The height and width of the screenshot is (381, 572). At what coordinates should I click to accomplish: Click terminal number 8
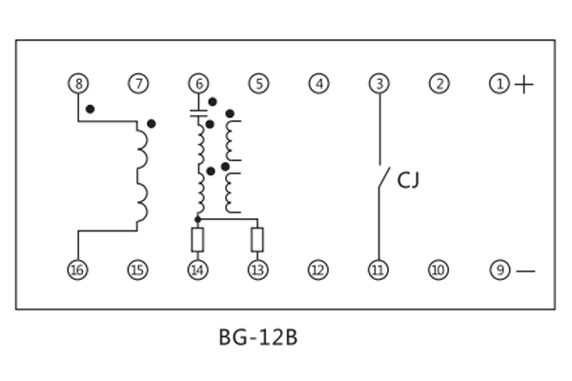[x=77, y=84]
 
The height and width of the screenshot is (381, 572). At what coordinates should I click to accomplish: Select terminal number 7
[x=139, y=84]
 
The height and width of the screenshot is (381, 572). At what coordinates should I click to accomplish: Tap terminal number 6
[x=197, y=84]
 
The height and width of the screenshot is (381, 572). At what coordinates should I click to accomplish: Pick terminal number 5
[x=258, y=84]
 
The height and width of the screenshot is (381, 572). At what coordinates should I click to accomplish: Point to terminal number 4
[x=318, y=84]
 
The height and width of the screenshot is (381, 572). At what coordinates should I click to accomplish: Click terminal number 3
[x=379, y=84]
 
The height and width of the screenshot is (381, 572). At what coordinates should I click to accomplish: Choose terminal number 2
[x=439, y=84]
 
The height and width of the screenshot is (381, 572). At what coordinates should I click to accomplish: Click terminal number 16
[x=77, y=270]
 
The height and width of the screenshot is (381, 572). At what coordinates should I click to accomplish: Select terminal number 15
[x=138, y=270]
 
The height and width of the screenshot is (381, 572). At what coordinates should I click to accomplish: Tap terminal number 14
[x=197, y=270]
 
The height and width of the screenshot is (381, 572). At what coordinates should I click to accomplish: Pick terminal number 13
[x=257, y=270]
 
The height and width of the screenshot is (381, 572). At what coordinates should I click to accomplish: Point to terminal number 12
[x=317, y=270]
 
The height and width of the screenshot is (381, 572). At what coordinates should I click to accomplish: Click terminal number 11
[x=378, y=270]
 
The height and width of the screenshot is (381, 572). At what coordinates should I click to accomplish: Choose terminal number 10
[x=438, y=270]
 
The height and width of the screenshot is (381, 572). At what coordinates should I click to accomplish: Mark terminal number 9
[x=500, y=270]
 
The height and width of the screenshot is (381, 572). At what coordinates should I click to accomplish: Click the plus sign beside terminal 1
[x=524, y=85]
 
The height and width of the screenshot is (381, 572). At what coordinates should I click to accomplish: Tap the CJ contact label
[x=408, y=178]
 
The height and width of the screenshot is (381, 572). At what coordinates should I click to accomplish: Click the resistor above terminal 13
[x=257, y=238]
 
